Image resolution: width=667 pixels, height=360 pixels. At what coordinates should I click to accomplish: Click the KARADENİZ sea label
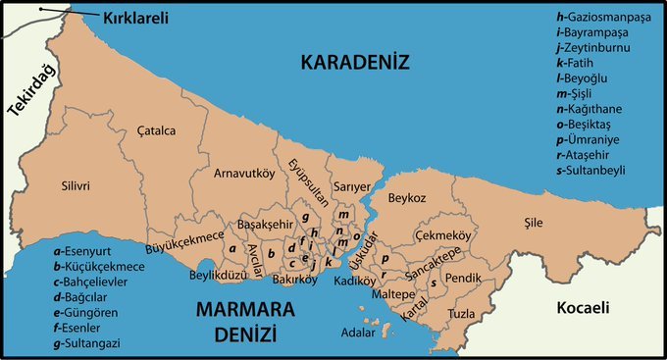[354, 64]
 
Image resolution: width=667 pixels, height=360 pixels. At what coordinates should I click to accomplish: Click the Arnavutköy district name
[244, 174]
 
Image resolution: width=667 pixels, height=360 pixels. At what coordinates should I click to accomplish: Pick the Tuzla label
[461, 314]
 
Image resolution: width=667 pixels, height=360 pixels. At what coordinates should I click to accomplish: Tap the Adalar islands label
[356, 333]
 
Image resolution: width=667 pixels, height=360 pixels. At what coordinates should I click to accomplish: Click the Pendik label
[463, 278]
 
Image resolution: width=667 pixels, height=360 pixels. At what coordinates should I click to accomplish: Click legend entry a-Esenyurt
[89, 251]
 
